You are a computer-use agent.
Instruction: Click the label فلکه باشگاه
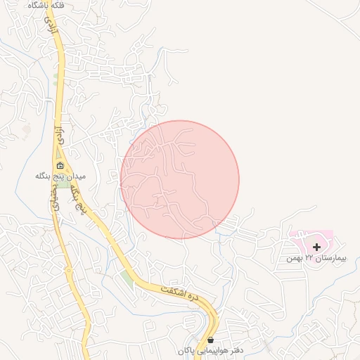(x=46, y=5)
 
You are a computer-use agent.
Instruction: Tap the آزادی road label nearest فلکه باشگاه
(x=50, y=27)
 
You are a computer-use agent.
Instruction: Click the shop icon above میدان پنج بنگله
(x=60, y=166)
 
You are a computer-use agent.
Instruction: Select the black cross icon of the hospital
(x=317, y=247)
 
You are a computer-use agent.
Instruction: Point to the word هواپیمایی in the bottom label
(x=210, y=350)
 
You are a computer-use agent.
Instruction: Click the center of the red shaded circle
(x=180, y=179)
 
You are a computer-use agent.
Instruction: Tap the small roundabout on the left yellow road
(x=68, y=270)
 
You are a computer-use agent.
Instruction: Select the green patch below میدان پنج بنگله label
(x=64, y=184)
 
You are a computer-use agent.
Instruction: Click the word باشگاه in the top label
(x=35, y=5)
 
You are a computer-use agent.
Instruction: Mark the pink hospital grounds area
(x=309, y=239)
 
